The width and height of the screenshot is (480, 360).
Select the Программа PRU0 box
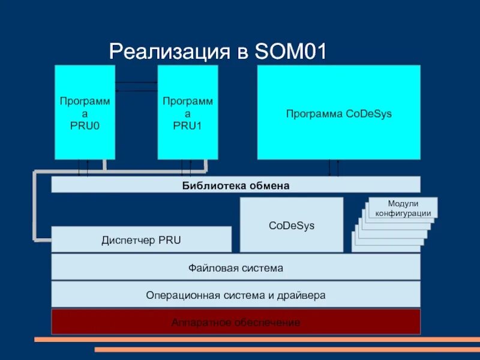pyautogui.click(x=85, y=112)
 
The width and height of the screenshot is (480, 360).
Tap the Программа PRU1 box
pyautogui.click(x=187, y=112)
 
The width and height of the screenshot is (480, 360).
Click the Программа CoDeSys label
pyautogui.click(x=338, y=113)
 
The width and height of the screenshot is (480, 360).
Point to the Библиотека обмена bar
pyautogui.click(x=236, y=185)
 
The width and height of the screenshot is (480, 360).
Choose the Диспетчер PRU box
pyautogui.click(x=141, y=240)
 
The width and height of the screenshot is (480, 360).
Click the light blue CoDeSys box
pyautogui.click(x=292, y=225)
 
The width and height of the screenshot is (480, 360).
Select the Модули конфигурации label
pyautogui.click(x=403, y=208)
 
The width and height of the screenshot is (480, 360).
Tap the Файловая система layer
pyautogui.click(x=236, y=268)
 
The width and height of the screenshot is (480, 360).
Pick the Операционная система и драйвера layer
pyautogui.click(x=236, y=295)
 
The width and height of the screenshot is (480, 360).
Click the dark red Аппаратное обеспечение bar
pyautogui.click(x=236, y=322)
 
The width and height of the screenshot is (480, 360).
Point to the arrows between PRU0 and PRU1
pyautogui.click(x=136, y=86)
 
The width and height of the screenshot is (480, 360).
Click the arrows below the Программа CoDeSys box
pyautogui.click(x=333, y=168)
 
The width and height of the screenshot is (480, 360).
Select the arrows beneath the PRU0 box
pyautogui.click(x=83, y=168)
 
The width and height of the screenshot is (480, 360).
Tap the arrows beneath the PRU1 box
pyautogui.click(x=186, y=168)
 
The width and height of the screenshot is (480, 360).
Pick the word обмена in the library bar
pyautogui.click(x=269, y=185)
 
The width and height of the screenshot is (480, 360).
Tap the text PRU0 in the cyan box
pyautogui.click(x=85, y=127)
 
